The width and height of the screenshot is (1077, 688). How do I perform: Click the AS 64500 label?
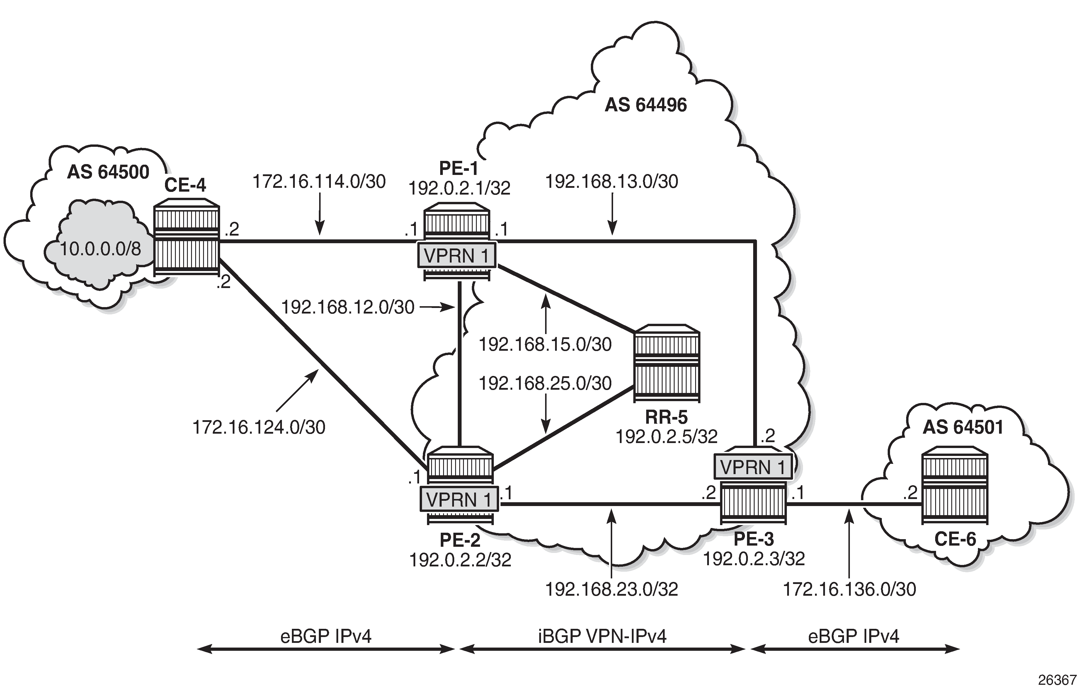(x=108, y=172)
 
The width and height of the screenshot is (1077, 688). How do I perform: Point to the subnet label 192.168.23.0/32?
(x=611, y=589)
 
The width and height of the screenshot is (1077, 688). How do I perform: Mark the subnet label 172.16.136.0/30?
(x=849, y=589)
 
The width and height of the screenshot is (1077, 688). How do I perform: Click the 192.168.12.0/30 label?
(x=348, y=307)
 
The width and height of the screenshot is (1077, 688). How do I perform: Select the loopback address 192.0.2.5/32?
(x=666, y=436)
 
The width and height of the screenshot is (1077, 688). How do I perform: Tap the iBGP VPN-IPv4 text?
(x=602, y=636)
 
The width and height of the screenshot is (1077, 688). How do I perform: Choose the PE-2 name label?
(x=460, y=540)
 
